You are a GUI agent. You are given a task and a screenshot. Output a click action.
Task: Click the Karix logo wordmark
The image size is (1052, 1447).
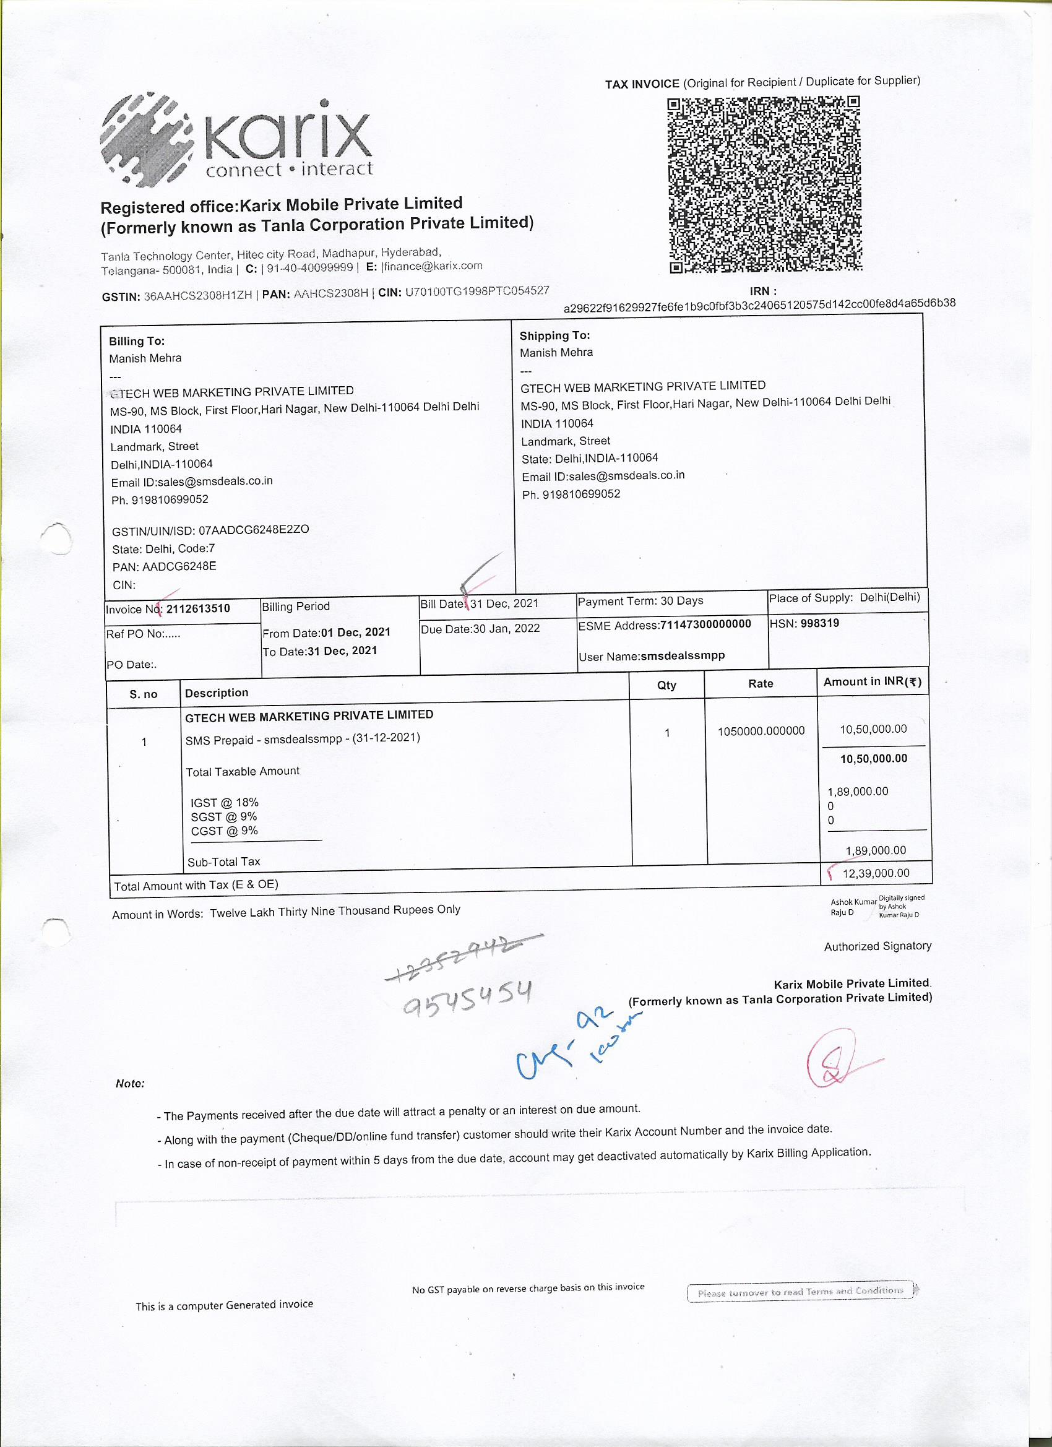(287, 137)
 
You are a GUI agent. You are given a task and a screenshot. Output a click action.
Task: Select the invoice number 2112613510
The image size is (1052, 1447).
(198, 608)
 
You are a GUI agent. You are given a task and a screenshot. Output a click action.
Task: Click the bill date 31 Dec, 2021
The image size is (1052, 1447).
(504, 603)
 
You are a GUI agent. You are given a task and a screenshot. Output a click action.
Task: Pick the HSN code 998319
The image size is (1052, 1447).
(820, 623)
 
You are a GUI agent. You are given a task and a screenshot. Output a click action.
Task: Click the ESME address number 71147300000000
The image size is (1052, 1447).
(705, 624)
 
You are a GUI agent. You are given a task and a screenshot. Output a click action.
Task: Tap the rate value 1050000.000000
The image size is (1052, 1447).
(761, 731)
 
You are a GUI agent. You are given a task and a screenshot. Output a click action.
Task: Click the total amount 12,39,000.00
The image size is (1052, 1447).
(875, 873)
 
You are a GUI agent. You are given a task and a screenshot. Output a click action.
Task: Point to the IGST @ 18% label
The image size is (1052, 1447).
(225, 803)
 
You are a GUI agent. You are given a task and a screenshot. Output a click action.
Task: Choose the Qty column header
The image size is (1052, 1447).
(666, 685)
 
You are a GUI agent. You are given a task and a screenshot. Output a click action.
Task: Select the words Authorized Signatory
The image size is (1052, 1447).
(877, 946)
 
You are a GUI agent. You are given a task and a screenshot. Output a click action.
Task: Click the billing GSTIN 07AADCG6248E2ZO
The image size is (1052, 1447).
(253, 530)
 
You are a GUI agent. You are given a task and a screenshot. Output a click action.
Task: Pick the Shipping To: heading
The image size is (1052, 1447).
(554, 335)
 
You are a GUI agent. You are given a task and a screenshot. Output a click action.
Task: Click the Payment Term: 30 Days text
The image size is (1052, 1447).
(640, 601)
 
